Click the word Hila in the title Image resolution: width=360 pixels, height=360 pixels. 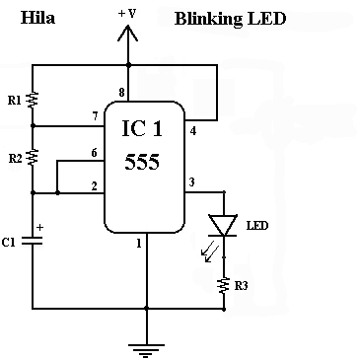coord(37,18)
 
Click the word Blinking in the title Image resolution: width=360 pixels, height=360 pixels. coord(208,19)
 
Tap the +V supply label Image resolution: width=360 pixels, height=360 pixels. coord(127,14)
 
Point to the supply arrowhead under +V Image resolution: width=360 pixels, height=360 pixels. coord(127,34)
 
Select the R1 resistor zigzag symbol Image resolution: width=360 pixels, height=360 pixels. coord(33,100)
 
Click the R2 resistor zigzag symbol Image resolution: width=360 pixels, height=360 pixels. coord(33,157)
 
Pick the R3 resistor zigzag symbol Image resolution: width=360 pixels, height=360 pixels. coord(224,285)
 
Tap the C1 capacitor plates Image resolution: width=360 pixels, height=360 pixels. coord(33,241)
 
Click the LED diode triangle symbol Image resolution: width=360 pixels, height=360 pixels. coord(223,226)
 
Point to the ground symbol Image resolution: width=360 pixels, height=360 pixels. coord(146,350)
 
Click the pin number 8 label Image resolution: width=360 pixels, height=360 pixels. coord(121,93)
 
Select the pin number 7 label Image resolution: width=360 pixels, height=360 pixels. coord(95,116)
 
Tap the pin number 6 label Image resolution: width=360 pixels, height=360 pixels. coord(94,153)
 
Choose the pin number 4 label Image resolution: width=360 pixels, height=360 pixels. coord(193,131)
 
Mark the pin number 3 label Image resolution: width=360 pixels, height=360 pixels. coord(192,181)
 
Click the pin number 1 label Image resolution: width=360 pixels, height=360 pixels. coord(139,244)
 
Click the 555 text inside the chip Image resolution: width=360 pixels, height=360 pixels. coord(142,162)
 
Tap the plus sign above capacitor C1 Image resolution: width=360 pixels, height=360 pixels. coord(39,227)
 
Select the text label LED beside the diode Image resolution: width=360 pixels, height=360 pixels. coord(257,226)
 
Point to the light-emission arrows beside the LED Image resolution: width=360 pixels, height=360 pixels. coord(210,252)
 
